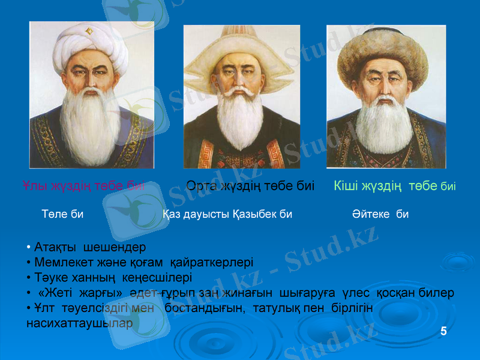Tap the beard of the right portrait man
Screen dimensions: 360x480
384,126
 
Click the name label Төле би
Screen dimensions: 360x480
62,214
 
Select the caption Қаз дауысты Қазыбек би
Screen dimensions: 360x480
227,214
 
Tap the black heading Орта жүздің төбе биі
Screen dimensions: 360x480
250,186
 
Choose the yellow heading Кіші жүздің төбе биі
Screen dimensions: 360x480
394,186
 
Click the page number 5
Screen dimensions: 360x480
443,331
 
